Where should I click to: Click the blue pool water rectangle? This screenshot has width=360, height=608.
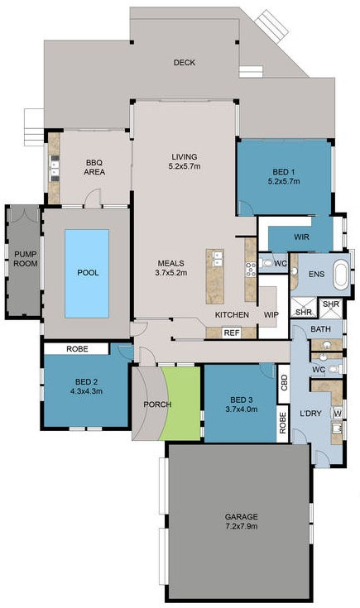coord(87,273)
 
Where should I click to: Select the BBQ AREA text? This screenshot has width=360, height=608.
coord(93,167)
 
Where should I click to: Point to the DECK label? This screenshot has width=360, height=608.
coord(184,62)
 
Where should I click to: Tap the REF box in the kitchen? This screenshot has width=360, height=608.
coord(232,333)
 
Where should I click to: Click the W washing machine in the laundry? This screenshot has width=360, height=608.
coord(337,412)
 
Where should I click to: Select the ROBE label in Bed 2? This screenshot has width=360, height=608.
coord(77,349)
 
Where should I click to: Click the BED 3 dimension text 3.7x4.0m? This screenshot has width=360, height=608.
coord(238,409)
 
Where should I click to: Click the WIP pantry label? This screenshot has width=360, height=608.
coord(271,315)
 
